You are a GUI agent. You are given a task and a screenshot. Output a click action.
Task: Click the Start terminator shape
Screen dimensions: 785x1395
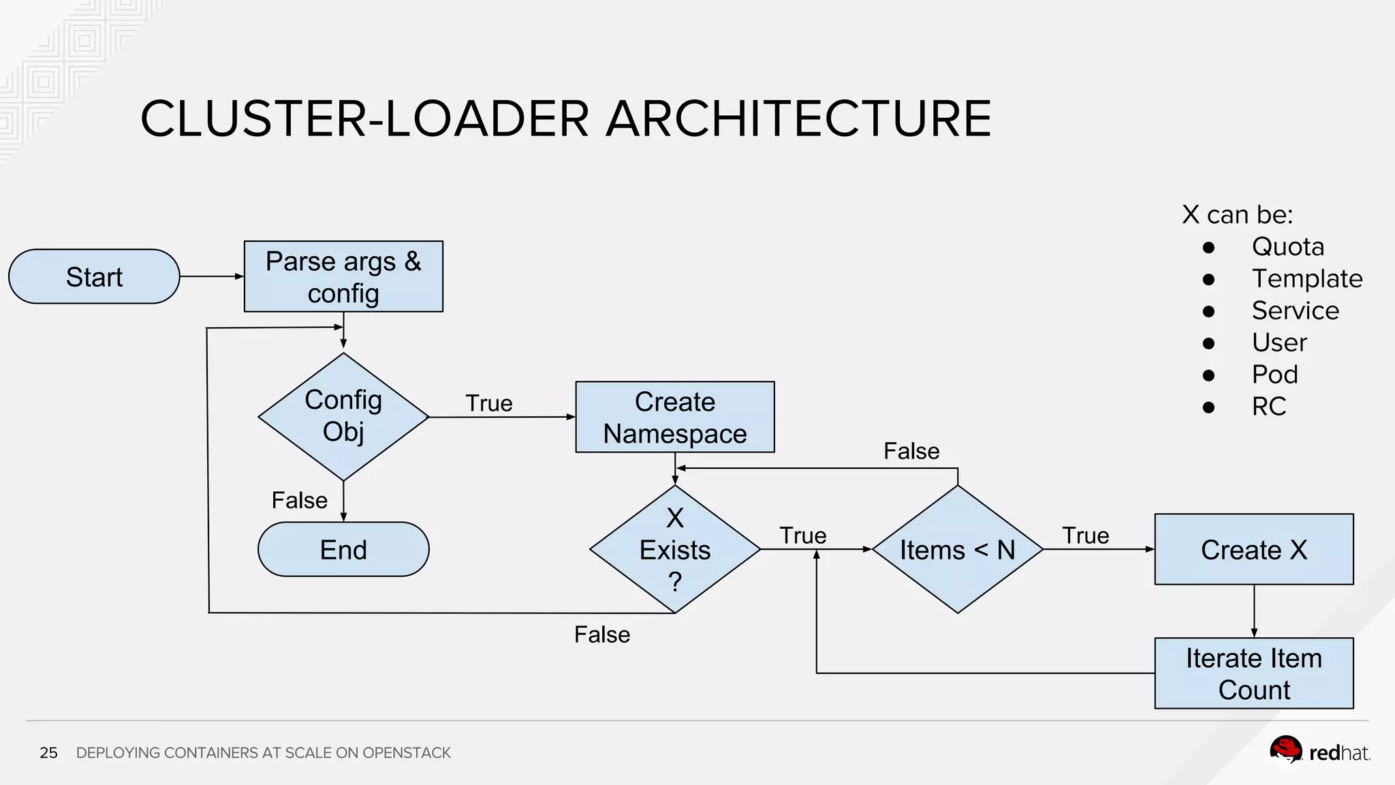[x=94, y=277]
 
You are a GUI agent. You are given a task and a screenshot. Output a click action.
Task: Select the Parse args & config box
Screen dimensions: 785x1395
[x=343, y=277]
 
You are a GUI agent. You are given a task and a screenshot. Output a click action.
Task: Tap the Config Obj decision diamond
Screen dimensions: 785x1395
[x=343, y=416]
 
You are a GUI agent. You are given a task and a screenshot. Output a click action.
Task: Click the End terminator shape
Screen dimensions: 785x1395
[x=343, y=549]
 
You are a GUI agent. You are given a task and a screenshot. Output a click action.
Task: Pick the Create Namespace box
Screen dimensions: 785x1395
[x=674, y=417]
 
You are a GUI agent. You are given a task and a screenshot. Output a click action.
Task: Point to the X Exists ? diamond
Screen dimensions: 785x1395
[x=674, y=549]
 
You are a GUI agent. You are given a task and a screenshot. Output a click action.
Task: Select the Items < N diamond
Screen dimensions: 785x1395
[x=957, y=549]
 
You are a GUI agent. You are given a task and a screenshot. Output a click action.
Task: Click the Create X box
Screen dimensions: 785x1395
[x=1253, y=549]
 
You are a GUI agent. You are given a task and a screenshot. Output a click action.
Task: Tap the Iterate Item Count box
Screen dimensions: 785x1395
[x=1253, y=673]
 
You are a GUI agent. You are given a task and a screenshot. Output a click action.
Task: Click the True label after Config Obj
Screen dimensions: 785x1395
[x=488, y=403]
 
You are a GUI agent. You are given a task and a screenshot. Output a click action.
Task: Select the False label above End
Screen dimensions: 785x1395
[x=299, y=500]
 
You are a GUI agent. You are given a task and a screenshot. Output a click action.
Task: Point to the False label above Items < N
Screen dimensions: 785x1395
[x=911, y=451]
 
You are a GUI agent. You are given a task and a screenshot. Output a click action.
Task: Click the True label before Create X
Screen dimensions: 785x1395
[x=1085, y=536]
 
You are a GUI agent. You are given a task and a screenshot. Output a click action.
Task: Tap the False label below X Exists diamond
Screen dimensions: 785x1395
[x=601, y=634]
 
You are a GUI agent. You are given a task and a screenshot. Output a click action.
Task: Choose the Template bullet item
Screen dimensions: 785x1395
[x=1306, y=279]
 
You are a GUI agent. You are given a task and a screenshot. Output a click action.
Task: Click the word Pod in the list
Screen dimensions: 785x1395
[x=1274, y=375]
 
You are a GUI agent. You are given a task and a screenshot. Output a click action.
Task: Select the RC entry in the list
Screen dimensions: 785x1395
[x=1268, y=407]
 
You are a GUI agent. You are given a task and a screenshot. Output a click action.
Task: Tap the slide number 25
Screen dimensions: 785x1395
[x=48, y=753]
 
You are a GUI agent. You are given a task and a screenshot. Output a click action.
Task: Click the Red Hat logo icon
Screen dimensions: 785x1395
[x=1285, y=750]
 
